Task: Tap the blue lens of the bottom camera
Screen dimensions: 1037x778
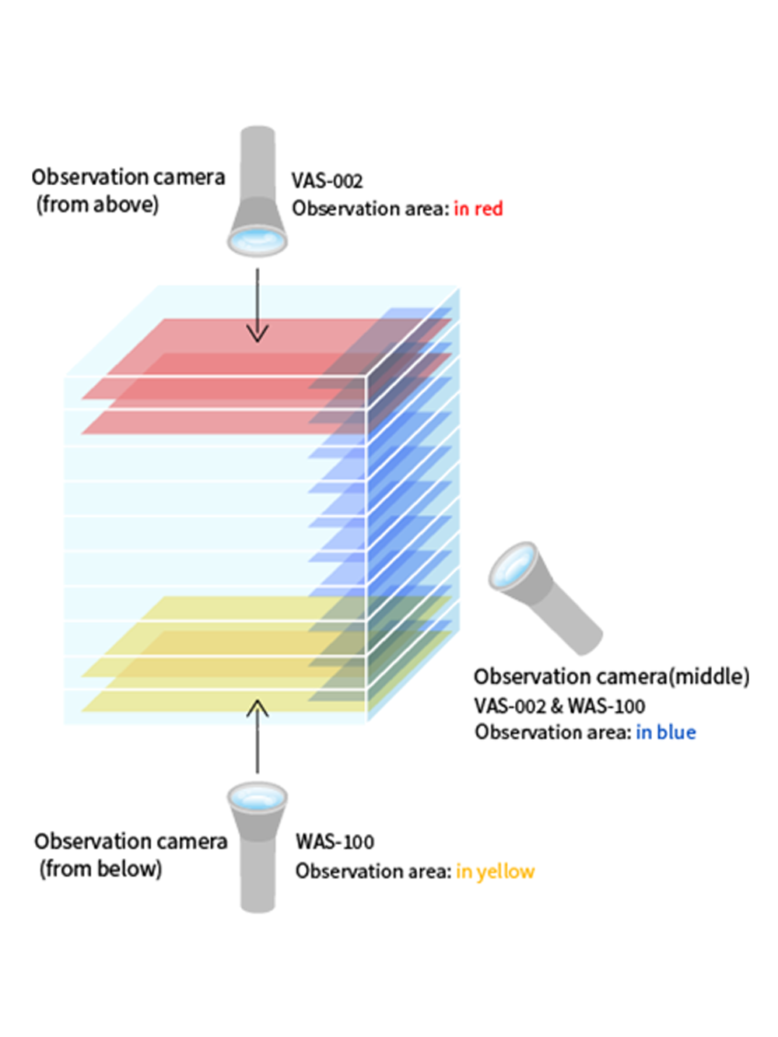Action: [x=258, y=796]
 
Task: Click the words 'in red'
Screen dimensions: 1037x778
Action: [x=478, y=208]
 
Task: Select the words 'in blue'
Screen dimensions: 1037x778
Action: [x=665, y=732]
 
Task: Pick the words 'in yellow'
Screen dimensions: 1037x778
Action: [x=495, y=871]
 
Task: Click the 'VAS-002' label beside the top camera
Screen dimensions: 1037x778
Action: [x=327, y=181]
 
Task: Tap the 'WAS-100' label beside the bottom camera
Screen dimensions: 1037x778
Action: [x=335, y=842]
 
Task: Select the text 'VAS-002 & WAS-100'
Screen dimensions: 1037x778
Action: [x=559, y=706]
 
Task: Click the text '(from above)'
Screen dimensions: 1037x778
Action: [x=97, y=205]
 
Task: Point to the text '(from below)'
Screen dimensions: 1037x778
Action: [x=100, y=868]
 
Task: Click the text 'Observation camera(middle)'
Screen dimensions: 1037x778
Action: [x=611, y=676]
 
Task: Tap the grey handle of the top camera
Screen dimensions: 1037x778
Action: [x=258, y=163]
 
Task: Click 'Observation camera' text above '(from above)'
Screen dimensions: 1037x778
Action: [x=128, y=177]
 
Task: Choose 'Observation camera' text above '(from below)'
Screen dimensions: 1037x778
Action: [x=131, y=841]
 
